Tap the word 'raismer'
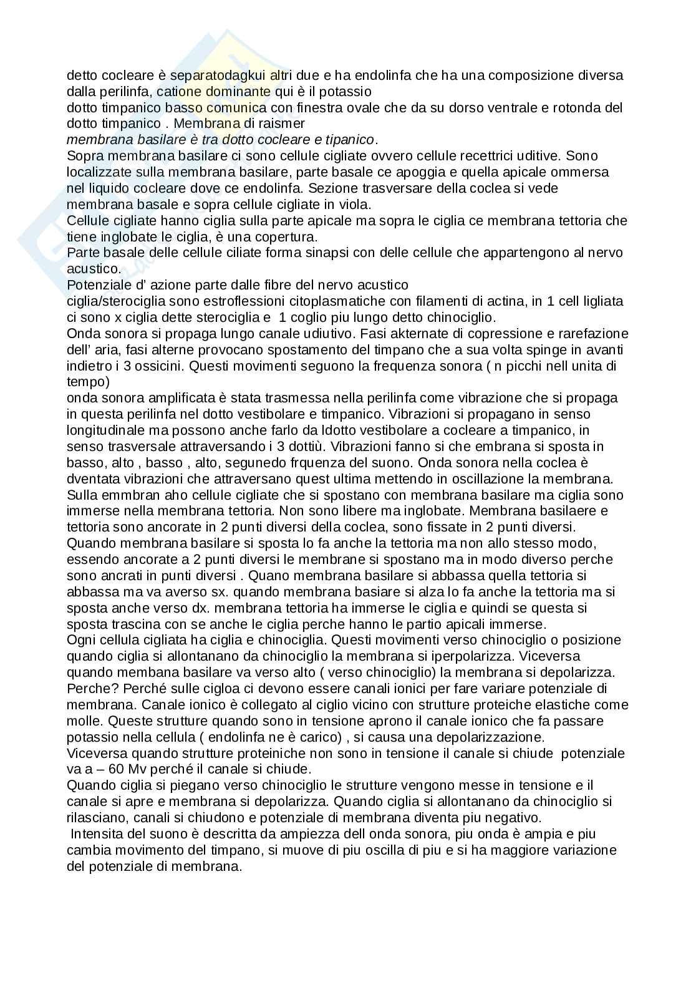click(284, 124)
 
